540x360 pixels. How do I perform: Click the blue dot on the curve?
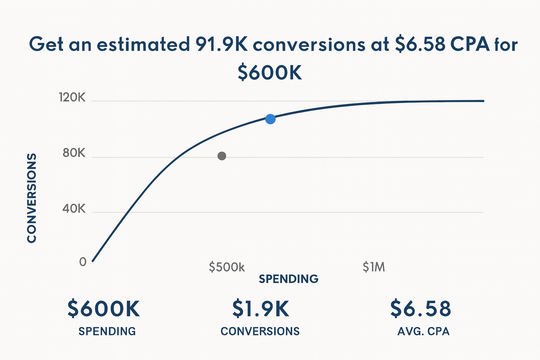270,119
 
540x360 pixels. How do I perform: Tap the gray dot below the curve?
222,156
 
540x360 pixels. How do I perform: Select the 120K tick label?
72,98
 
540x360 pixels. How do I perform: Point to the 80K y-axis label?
74,153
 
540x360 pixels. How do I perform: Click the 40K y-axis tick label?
74,209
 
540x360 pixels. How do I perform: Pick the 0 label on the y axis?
83,262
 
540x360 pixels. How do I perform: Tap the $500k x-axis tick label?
227,268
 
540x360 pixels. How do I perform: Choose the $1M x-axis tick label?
374,268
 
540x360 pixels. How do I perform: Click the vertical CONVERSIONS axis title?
32,198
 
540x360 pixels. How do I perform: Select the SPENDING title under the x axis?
289,279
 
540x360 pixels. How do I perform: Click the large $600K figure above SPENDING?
104,309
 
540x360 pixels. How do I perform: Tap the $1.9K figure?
261,309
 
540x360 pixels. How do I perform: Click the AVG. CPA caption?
423,332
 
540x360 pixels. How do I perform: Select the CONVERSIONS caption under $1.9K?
260,331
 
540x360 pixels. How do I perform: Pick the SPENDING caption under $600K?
107,331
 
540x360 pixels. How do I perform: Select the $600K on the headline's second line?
270,73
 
